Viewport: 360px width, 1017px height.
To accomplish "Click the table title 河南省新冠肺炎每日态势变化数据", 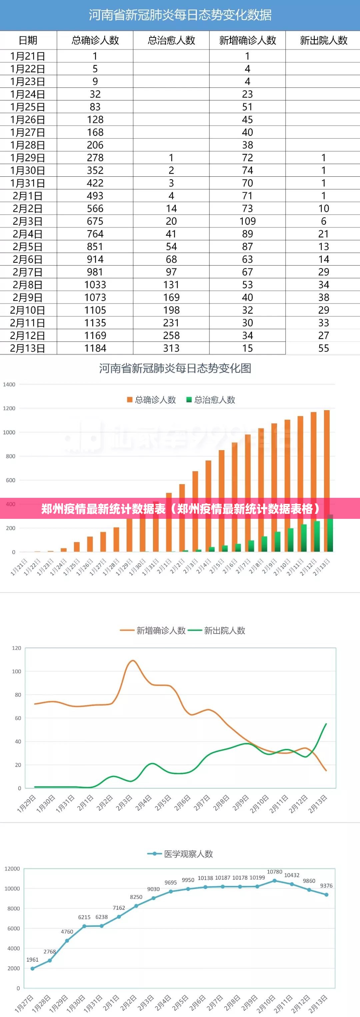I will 180,15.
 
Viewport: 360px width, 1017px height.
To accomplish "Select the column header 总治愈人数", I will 171,40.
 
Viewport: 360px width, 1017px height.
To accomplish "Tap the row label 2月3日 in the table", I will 28,221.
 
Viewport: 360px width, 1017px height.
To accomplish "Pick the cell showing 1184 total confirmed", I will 95,348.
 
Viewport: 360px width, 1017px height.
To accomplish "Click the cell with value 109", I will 247,221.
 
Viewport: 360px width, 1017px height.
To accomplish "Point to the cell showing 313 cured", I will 171,348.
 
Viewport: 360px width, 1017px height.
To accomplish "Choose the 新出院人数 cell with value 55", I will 323,348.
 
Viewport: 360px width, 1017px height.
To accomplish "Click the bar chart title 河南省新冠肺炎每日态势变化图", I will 175,368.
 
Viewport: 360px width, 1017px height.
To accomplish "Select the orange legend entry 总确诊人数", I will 152,400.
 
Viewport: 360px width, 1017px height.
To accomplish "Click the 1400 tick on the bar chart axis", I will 9,384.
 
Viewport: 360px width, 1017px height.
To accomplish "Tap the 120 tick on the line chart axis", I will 17,648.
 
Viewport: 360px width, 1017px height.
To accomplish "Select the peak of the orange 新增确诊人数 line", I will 133,661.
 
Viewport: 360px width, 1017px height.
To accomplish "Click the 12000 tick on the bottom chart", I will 12,869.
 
